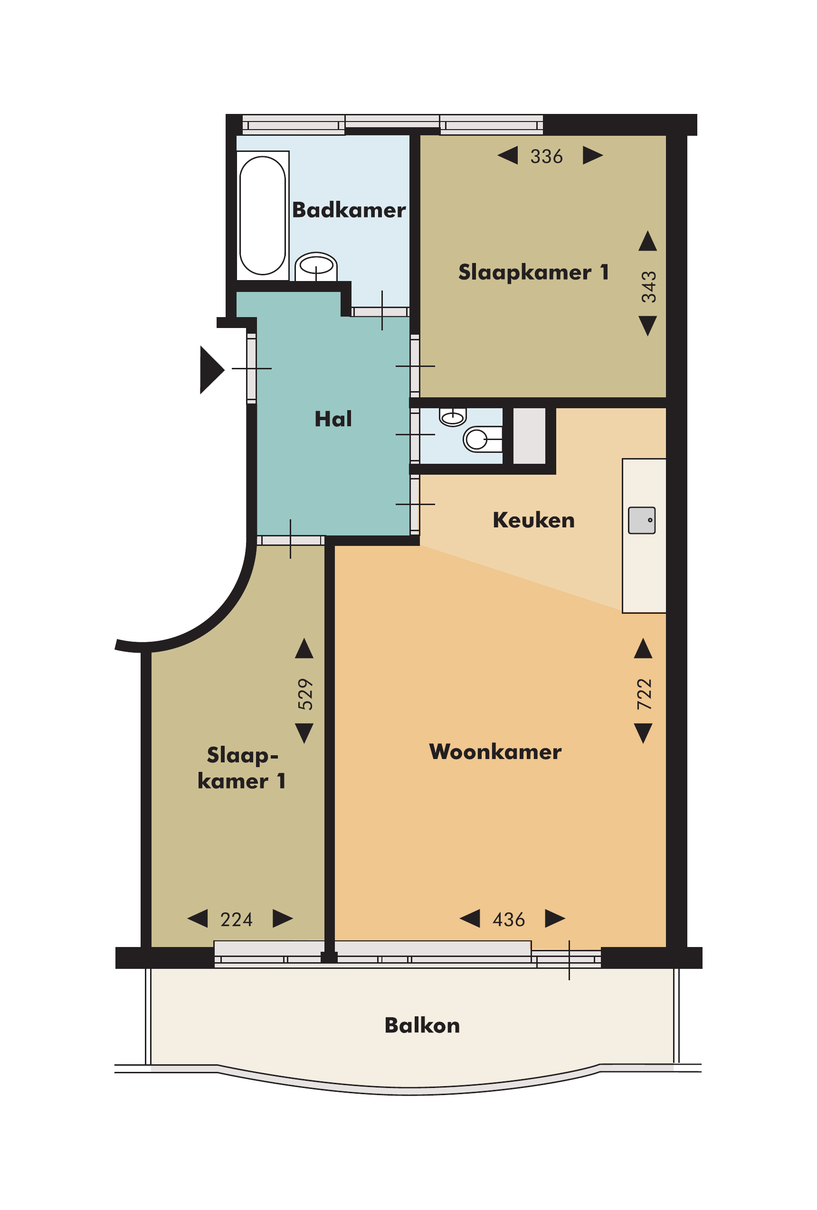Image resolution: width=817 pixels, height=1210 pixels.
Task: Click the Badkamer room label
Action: [349, 210]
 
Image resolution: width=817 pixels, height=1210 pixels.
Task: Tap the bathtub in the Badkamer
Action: [263, 216]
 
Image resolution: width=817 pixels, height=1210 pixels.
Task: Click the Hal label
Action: [333, 419]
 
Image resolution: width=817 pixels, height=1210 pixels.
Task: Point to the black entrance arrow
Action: [211, 370]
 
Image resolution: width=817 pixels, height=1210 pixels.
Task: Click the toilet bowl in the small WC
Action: [482, 439]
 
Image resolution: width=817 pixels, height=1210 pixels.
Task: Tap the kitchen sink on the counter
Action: [641, 520]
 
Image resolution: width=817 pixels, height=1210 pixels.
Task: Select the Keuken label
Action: [533, 520]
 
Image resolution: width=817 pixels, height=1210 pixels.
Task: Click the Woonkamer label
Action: [495, 752]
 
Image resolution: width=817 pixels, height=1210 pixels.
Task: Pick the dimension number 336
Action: [547, 156]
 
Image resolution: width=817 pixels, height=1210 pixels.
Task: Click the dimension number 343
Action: [649, 287]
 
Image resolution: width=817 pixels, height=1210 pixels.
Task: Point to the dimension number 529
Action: [305, 694]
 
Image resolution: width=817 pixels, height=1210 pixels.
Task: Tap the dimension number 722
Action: [645, 694]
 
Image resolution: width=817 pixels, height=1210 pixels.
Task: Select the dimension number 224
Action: [237, 919]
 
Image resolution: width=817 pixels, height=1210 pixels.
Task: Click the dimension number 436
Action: [509, 919]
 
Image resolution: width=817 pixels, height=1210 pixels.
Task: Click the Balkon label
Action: [422, 1025]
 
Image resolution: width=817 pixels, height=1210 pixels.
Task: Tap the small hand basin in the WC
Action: [453, 416]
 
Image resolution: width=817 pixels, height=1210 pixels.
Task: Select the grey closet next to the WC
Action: [529, 435]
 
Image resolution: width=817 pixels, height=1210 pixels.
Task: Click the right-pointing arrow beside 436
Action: [555, 919]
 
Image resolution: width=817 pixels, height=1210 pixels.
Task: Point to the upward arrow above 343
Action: [647, 241]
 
